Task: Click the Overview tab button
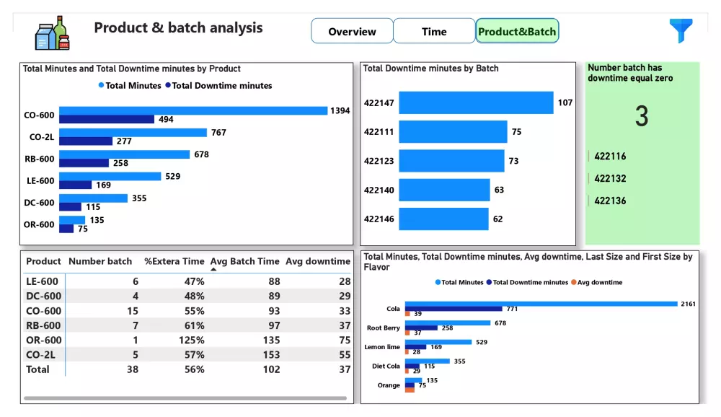[352, 31]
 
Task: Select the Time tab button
[434, 31]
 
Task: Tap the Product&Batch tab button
[517, 31]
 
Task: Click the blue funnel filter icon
[680, 30]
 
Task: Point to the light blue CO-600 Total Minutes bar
[193, 110]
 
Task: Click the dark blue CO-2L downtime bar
[86, 141]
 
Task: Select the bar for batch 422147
[476, 102]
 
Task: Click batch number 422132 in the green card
[610, 179]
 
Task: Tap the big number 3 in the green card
[642, 116]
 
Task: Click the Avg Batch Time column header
[244, 261]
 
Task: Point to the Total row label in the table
[38, 369]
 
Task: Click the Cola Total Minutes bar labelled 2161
[541, 304]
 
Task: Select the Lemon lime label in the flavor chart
[383, 347]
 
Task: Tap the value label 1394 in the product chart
[340, 110]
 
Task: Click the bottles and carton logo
[52, 34]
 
